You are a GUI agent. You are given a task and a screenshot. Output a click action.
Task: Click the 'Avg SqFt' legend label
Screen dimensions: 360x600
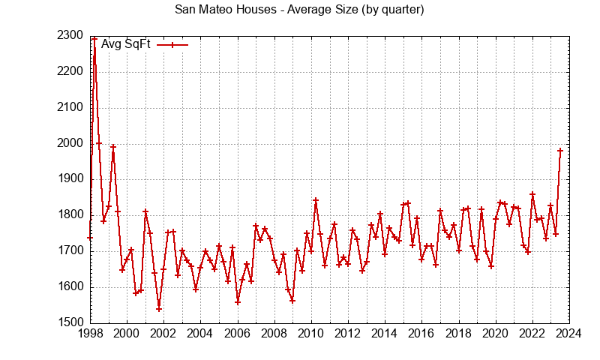[126, 44]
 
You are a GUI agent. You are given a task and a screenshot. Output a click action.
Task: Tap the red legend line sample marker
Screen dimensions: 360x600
[172, 44]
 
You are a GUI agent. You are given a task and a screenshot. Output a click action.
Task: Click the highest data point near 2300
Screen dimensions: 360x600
[94, 37]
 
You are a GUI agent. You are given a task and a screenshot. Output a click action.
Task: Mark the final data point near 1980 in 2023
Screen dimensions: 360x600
[560, 151]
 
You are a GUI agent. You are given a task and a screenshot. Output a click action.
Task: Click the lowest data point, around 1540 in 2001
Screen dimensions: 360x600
[159, 309]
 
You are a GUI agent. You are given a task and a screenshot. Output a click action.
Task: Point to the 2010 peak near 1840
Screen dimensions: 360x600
[316, 200]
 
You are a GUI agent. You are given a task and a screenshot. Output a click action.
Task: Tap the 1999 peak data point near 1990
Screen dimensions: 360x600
[113, 147]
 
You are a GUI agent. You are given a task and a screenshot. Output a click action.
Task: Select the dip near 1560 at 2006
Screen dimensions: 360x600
[238, 302]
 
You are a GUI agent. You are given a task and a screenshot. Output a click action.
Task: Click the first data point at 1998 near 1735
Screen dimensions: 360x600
[90, 238]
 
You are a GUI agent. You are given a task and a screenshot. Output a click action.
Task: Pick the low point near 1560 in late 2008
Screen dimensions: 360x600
[292, 301]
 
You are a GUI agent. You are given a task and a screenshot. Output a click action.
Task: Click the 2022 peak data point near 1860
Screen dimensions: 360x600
[532, 194]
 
